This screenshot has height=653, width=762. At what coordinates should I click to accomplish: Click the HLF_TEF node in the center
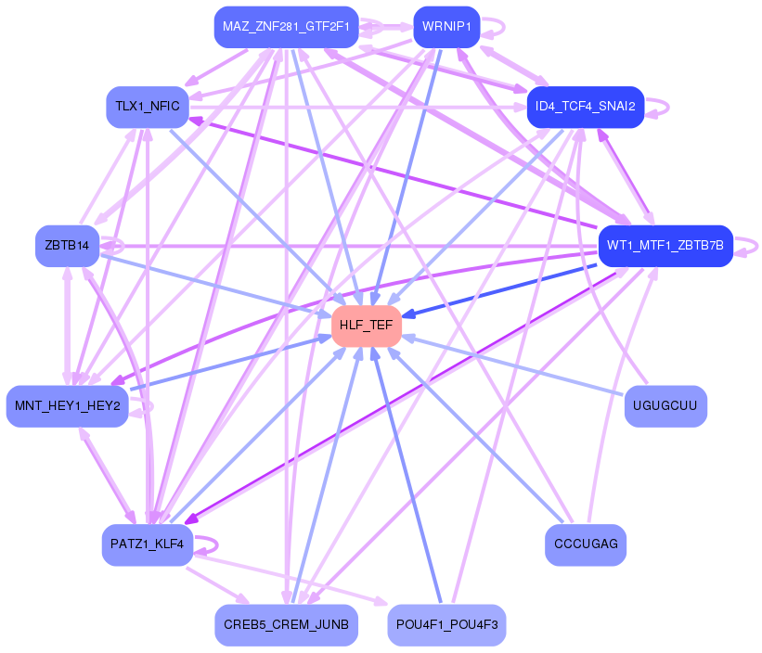click(367, 326)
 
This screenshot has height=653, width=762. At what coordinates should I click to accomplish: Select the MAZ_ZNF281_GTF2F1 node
click(286, 27)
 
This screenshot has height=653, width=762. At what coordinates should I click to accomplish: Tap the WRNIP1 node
click(446, 27)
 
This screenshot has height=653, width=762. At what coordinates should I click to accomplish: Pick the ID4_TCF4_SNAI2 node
click(585, 107)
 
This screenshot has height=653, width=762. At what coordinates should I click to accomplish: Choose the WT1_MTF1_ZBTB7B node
click(665, 246)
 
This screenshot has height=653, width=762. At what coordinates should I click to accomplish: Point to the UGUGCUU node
click(665, 406)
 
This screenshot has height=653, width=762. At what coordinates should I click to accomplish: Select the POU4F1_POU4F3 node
click(446, 625)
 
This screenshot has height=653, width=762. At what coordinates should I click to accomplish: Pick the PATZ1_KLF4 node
click(148, 544)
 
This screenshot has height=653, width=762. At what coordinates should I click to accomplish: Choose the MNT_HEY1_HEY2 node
click(67, 406)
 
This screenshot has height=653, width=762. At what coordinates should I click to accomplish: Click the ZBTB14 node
click(67, 246)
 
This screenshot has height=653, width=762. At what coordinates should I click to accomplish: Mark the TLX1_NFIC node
click(148, 107)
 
